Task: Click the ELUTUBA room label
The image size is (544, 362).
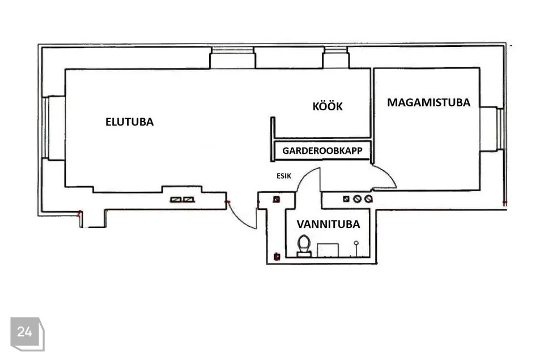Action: click(x=129, y=122)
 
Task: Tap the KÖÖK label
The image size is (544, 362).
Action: click(x=328, y=106)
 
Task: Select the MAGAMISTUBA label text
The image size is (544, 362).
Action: click(x=428, y=102)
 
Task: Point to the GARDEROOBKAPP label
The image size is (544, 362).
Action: click(x=322, y=151)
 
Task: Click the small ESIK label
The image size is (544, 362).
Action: click(x=283, y=176)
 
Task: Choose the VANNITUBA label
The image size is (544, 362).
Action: click(x=328, y=225)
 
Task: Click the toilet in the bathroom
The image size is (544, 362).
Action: click(x=304, y=247)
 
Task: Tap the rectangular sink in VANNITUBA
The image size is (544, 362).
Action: click(x=328, y=249)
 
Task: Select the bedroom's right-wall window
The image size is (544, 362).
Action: click(x=492, y=129)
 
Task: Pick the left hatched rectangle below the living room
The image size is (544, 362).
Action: click(x=176, y=199)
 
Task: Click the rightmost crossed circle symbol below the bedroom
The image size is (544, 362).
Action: click(x=368, y=199)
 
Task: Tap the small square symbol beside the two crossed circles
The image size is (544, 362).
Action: click(x=346, y=199)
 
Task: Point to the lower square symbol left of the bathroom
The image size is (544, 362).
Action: click(x=277, y=256)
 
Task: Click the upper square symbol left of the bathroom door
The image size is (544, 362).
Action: click(x=277, y=199)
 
